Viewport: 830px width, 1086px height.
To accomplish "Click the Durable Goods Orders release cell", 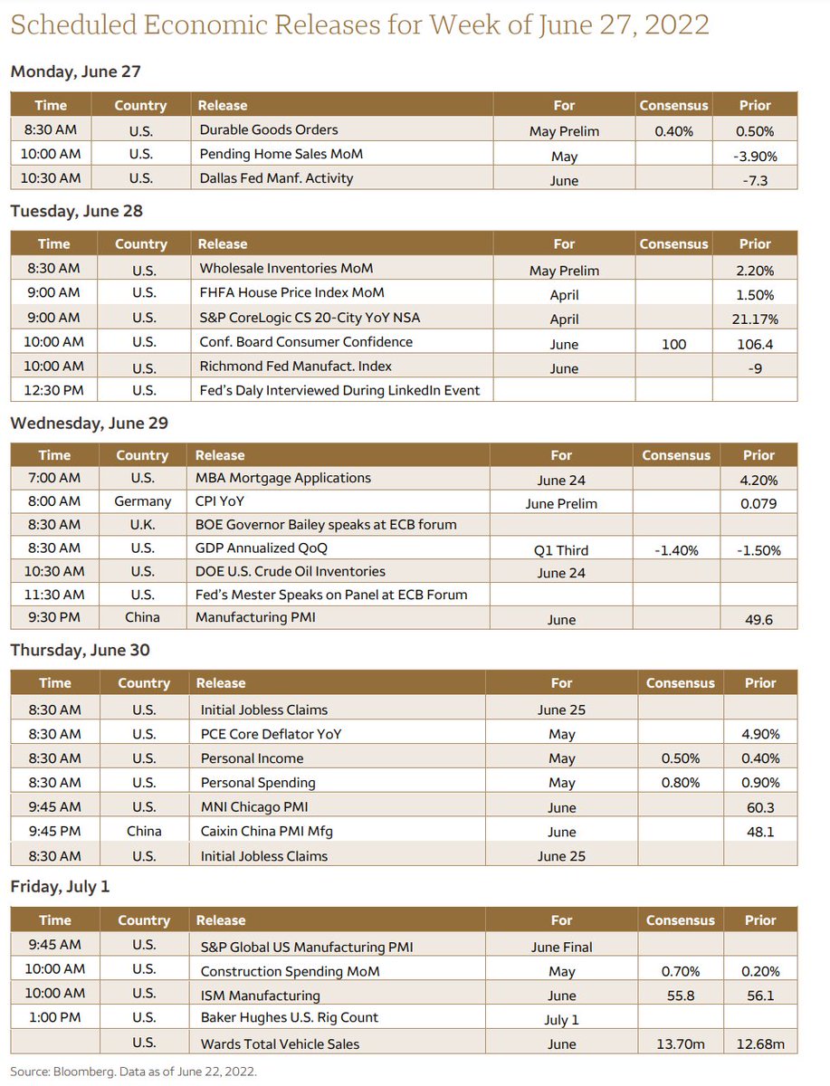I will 269,129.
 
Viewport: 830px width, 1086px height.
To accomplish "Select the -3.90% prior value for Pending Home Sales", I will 755,156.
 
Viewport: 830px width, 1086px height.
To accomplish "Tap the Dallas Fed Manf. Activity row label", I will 276,178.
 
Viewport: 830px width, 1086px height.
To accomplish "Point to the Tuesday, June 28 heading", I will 76,211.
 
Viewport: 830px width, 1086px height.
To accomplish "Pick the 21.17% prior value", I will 755,319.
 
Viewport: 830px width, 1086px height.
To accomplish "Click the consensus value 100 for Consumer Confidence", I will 673,344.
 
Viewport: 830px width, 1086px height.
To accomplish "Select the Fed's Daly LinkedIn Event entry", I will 339,390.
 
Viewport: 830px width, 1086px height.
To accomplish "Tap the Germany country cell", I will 142,500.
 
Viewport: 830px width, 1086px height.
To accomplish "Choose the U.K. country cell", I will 142,524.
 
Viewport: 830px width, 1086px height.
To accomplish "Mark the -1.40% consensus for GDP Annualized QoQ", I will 677,549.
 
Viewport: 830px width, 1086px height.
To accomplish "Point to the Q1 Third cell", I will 561,549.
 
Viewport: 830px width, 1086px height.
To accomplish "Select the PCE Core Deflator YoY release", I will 271,734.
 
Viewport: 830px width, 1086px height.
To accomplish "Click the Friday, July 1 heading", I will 60,886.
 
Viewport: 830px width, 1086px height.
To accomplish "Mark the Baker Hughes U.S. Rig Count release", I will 289,1018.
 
